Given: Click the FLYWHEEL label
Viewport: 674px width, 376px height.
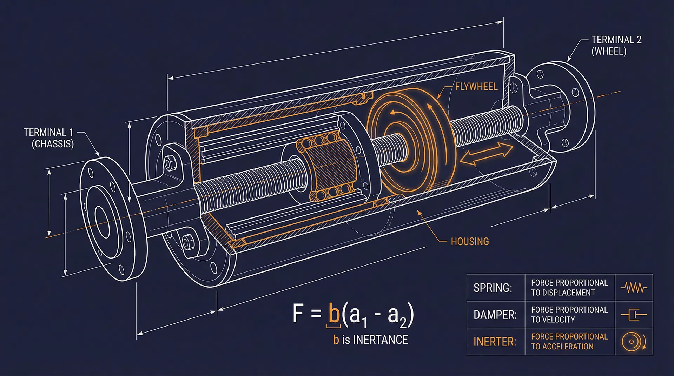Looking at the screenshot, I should [476, 87].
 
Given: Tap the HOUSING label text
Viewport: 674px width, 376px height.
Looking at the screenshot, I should [470, 241].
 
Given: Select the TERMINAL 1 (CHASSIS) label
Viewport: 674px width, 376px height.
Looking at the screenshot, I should [49, 138].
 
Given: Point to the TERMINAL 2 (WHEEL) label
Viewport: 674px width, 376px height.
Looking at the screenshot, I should [616, 45].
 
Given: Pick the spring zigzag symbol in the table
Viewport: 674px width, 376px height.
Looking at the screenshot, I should [634, 288].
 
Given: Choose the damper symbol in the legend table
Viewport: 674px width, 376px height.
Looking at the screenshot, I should [634, 315].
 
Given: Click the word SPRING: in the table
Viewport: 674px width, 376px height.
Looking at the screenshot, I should [493, 288].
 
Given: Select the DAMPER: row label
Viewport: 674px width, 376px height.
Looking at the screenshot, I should [495, 315].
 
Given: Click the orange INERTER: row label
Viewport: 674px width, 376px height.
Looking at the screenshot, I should [495, 342].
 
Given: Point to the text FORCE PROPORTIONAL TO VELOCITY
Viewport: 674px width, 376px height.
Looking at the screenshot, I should [569, 315].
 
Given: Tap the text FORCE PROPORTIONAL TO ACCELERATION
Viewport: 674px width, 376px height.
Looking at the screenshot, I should [569, 341].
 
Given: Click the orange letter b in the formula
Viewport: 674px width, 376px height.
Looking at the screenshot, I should [333, 314].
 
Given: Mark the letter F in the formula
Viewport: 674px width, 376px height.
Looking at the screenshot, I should [298, 313].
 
